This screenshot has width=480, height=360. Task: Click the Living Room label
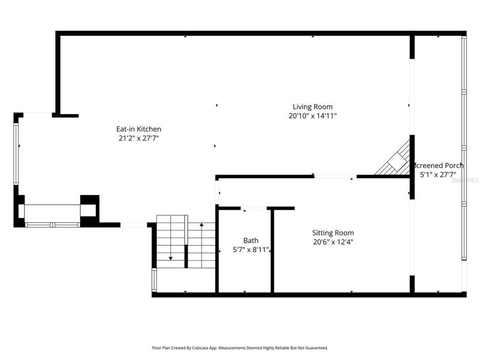click(x=313, y=107)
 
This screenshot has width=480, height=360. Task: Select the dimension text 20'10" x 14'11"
click(x=313, y=116)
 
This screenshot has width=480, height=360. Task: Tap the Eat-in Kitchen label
click(x=139, y=129)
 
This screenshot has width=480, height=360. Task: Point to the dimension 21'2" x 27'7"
click(x=139, y=138)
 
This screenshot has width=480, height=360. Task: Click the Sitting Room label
click(x=333, y=233)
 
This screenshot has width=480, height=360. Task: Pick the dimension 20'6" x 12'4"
click(x=333, y=242)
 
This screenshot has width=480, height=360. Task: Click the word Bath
click(x=251, y=241)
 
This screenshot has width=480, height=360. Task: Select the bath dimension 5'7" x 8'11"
click(x=251, y=249)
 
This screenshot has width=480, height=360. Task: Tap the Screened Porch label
click(x=438, y=166)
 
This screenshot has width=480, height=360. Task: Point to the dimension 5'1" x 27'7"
click(x=438, y=174)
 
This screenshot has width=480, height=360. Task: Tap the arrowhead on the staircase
click(x=171, y=258)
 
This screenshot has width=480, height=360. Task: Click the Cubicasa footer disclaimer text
click(x=240, y=348)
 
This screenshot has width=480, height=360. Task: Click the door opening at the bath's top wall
click(x=254, y=208)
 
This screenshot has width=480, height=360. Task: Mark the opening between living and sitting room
click(x=335, y=176)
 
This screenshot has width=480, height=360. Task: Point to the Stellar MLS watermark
click(x=465, y=180)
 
